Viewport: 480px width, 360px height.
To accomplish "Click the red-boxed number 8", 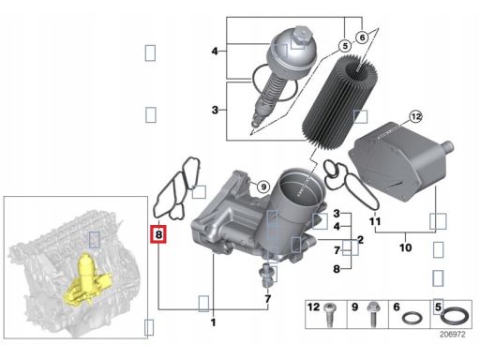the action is (x=158, y=234).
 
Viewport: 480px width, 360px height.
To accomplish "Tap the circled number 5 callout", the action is (x=345, y=47).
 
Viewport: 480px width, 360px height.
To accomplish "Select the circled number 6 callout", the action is (x=362, y=37).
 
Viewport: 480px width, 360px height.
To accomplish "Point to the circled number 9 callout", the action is (x=263, y=187).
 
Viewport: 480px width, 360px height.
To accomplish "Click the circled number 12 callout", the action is (x=415, y=117).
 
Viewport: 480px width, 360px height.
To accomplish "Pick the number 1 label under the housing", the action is (x=214, y=322).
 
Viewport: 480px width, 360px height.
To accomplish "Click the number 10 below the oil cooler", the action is (x=406, y=247).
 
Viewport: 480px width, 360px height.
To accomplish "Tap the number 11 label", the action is (x=375, y=221).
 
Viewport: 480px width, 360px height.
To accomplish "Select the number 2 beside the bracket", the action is (x=361, y=240).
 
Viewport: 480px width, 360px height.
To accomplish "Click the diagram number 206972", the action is (x=453, y=335).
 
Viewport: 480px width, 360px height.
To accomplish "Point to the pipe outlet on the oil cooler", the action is (x=448, y=146).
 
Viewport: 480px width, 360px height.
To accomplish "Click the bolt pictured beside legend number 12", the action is (x=329, y=315).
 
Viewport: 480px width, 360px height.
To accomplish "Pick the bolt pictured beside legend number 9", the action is (x=373, y=314).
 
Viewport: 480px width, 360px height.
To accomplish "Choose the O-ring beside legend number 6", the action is (x=412, y=318).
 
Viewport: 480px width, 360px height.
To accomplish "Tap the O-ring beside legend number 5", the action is (x=455, y=316).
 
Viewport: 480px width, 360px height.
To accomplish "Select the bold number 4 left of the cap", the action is (x=215, y=51).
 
